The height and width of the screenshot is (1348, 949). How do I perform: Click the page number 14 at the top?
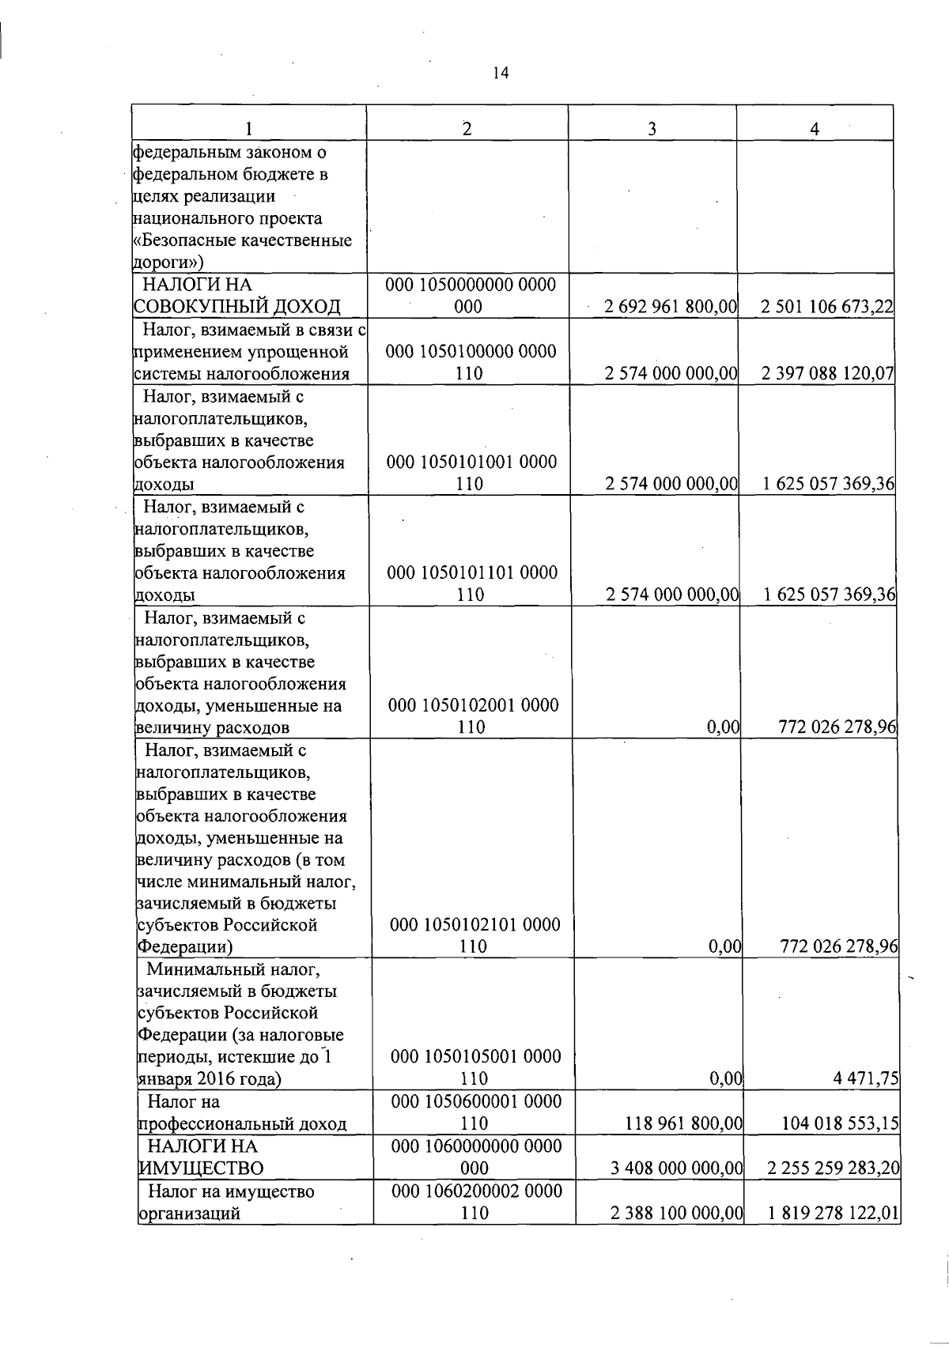[x=501, y=74]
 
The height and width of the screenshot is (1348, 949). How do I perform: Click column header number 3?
[x=652, y=130]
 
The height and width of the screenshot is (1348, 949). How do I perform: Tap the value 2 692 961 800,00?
[x=670, y=307]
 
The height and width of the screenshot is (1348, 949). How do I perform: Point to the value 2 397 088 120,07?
[x=827, y=373]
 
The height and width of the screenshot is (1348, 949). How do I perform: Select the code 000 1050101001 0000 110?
[x=471, y=472]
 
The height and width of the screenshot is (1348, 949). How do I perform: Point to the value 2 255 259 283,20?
[x=834, y=1168]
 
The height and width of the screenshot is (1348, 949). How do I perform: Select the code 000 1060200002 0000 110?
[x=476, y=1202]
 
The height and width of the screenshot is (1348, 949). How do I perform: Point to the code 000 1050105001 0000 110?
[x=475, y=1067]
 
